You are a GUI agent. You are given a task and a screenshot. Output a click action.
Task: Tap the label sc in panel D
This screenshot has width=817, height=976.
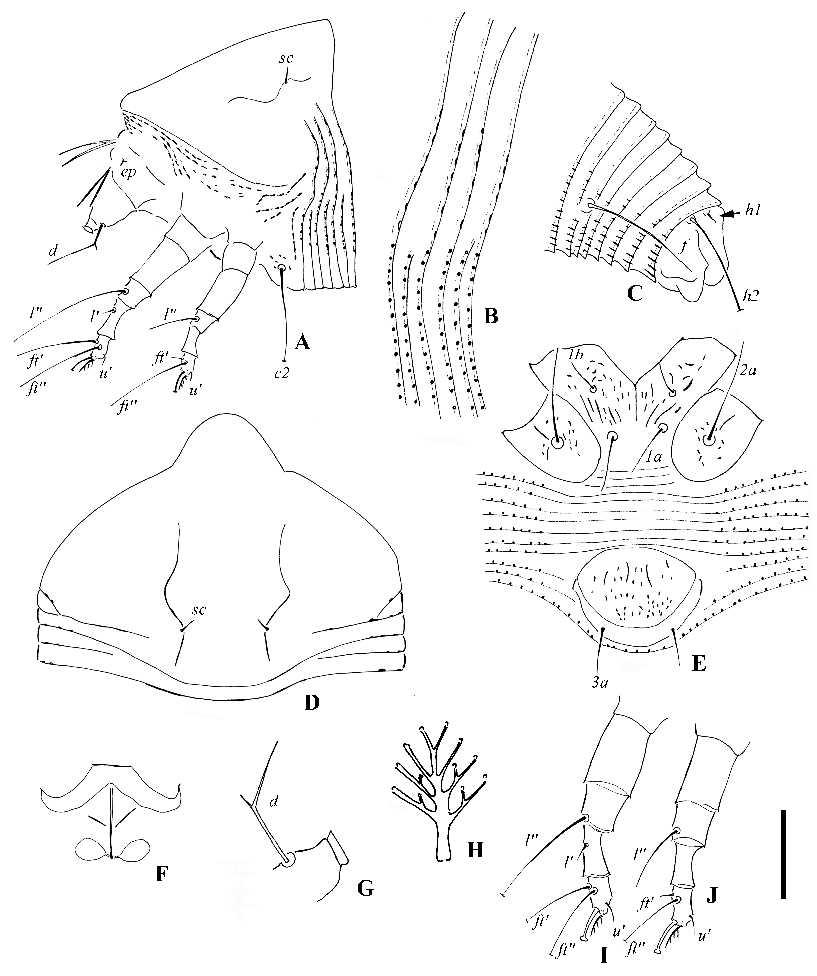[x=199, y=610]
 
